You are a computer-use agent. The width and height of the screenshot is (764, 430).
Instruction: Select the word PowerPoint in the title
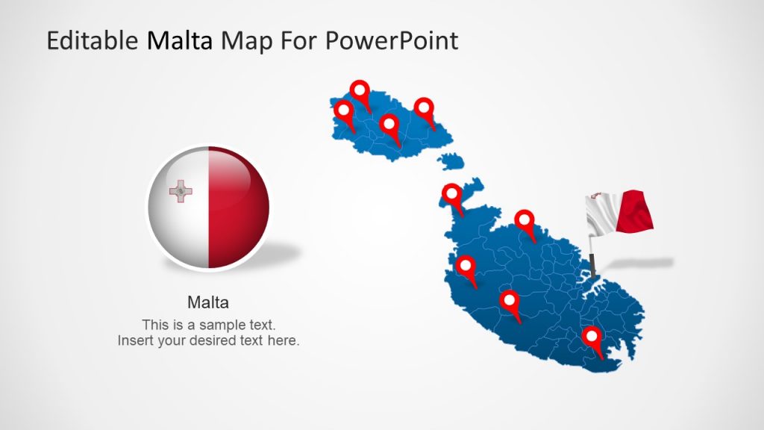click(x=392, y=40)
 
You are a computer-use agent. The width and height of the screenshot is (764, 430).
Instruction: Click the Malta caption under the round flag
click(x=208, y=302)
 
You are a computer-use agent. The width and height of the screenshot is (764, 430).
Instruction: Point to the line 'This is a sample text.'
click(x=209, y=325)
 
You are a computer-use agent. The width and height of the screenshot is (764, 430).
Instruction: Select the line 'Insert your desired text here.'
click(x=209, y=340)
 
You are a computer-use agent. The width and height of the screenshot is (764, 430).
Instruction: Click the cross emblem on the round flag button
click(x=181, y=191)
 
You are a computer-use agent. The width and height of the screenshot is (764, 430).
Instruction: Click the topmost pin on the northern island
click(x=361, y=93)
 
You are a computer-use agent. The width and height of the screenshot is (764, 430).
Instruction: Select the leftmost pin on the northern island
click(x=344, y=113)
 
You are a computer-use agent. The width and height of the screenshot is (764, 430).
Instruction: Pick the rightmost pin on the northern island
click(x=425, y=110)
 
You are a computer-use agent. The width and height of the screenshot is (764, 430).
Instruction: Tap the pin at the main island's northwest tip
click(x=452, y=196)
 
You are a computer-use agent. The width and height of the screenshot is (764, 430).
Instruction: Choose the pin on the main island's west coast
click(x=466, y=267)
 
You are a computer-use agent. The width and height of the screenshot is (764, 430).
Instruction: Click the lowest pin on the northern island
click(x=389, y=125)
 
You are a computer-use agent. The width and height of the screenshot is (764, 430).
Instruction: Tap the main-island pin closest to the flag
click(x=526, y=221)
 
